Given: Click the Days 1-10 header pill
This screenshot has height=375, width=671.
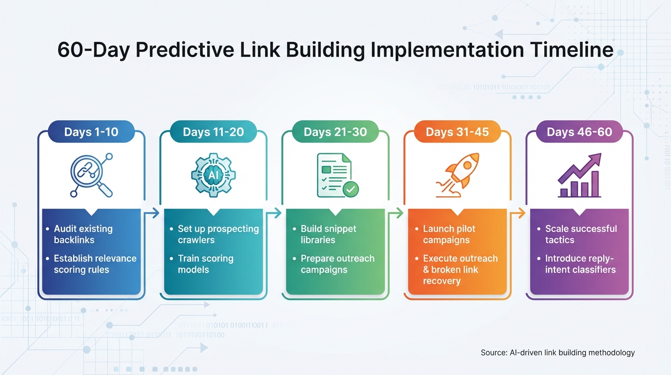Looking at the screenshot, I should pyautogui.click(x=91, y=132).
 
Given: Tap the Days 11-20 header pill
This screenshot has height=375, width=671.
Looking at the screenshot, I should pyautogui.click(x=213, y=132).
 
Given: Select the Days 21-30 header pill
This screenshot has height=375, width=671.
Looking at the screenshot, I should pyautogui.click(x=335, y=132).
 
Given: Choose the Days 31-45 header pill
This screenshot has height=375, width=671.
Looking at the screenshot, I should pyautogui.click(x=457, y=132).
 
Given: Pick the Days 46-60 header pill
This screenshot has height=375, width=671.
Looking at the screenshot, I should pyautogui.click(x=579, y=132).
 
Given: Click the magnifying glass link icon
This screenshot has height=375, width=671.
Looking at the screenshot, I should pyautogui.click(x=91, y=175).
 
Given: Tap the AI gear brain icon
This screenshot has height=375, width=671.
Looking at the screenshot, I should pyautogui.click(x=213, y=175).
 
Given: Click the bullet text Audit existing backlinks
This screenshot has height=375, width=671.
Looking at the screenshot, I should pyautogui.click(x=83, y=234).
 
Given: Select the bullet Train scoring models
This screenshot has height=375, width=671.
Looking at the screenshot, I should pyautogui.click(x=205, y=264).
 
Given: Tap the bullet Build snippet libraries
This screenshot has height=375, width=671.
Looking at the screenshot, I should pyautogui.click(x=328, y=234).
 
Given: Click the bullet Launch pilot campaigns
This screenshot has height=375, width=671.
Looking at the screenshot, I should pyautogui.click(x=449, y=234).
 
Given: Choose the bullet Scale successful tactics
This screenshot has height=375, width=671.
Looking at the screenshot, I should pyautogui.click(x=580, y=234).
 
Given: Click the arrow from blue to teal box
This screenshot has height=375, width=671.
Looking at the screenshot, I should pyautogui.click(x=153, y=213).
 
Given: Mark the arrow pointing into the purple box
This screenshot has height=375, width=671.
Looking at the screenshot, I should pyautogui.click(x=518, y=213).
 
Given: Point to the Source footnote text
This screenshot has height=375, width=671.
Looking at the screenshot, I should pyautogui.click(x=557, y=353).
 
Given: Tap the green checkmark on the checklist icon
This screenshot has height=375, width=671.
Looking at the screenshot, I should pyautogui.click(x=351, y=189).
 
